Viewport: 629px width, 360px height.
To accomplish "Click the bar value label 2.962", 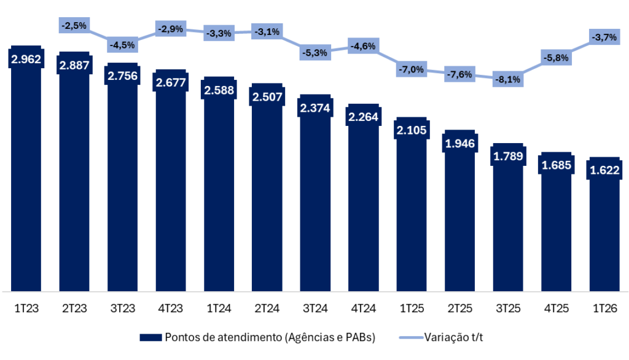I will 26,60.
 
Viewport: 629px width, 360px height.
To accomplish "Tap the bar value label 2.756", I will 122,76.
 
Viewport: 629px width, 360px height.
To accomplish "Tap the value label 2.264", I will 363,117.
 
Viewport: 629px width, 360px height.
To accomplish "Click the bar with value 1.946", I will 459,227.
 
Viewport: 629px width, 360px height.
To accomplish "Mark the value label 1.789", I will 508,156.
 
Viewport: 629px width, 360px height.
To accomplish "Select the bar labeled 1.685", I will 556,233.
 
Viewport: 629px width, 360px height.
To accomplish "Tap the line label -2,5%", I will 74,25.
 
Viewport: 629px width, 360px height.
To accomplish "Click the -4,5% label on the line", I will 122,45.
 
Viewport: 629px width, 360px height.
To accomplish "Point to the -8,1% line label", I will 508,79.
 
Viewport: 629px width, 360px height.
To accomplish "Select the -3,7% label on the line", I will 604,37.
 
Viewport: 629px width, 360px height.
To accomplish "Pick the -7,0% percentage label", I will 411,69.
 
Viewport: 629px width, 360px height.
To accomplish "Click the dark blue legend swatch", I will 150,337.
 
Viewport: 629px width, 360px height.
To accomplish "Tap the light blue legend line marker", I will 412,337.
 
